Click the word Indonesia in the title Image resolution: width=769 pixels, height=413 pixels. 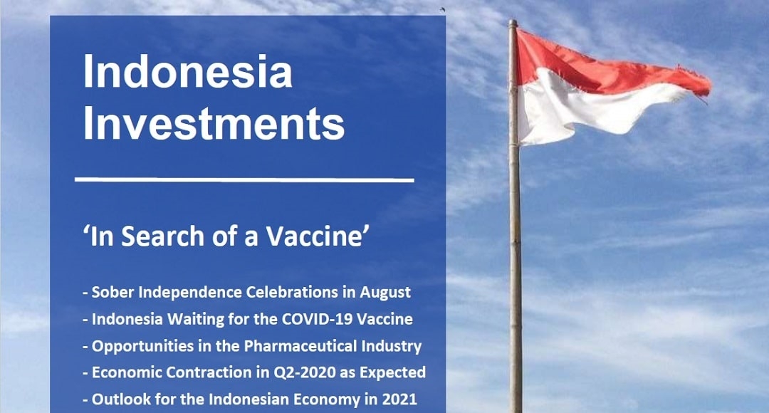tap(188, 72)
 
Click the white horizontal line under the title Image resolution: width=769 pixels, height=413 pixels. tap(244, 180)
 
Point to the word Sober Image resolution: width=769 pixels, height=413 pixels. tap(113, 292)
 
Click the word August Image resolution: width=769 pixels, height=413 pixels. tap(385, 293)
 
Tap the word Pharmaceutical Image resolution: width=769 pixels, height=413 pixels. tap(300, 346)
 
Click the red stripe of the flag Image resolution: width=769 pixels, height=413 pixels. tap(608, 68)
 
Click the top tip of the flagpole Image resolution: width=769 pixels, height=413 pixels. tap(513, 21)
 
